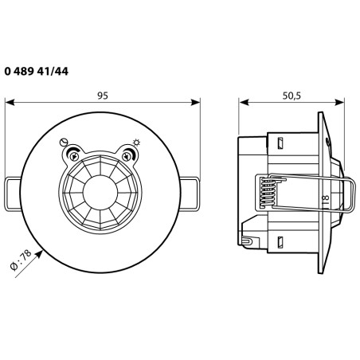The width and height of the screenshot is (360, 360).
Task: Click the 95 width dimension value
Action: [x=103, y=96]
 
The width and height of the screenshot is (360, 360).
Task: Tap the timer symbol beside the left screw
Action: [x=65, y=143]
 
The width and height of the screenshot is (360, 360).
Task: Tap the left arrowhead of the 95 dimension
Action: [x=9, y=102]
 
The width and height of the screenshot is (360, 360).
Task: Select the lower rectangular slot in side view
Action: [x=280, y=241]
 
